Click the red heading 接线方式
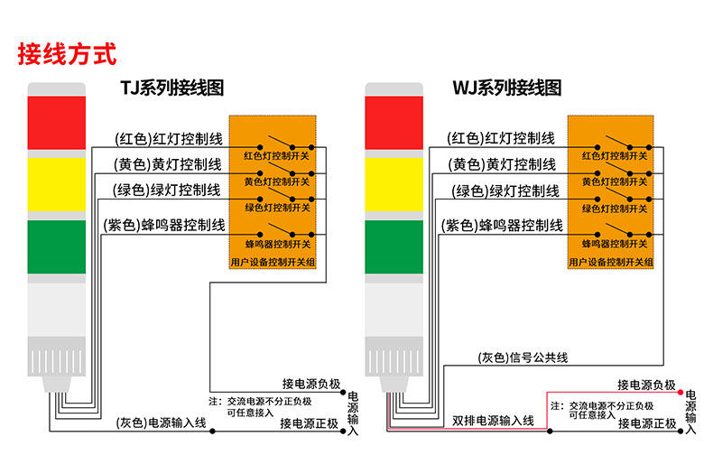coord(68,53)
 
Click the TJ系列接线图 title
coord(171,88)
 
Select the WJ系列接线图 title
coord(506,88)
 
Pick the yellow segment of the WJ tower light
coord(394,181)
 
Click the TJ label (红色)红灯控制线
coord(169,138)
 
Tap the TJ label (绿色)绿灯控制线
coord(167,190)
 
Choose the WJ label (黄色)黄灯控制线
coord(503,164)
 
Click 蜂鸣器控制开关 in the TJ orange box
coord(277,244)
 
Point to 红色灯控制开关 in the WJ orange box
coord(615,155)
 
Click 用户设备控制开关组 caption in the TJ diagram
coord(273,262)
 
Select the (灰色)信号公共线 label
coord(523,357)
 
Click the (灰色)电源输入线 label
coord(162,422)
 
